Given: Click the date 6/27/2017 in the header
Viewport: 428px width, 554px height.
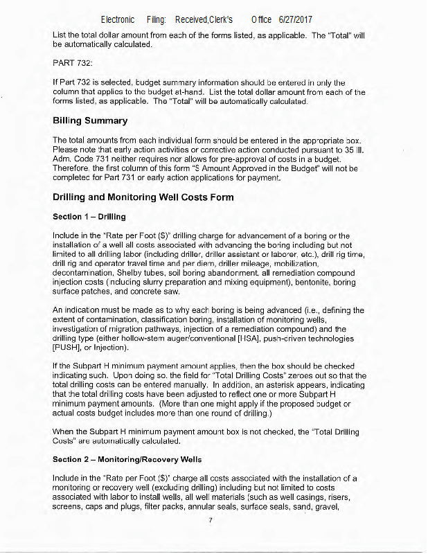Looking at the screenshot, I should (x=297, y=19).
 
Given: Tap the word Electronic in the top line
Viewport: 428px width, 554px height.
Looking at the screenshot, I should (x=118, y=19).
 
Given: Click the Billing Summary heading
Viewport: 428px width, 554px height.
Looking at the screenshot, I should (x=90, y=120).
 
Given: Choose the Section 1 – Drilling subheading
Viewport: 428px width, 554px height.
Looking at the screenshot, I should (x=89, y=217).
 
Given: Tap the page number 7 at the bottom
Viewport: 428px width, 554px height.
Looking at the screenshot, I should (x=210, y=520).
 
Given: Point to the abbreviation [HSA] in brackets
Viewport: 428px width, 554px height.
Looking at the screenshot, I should (x=251, y=339).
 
